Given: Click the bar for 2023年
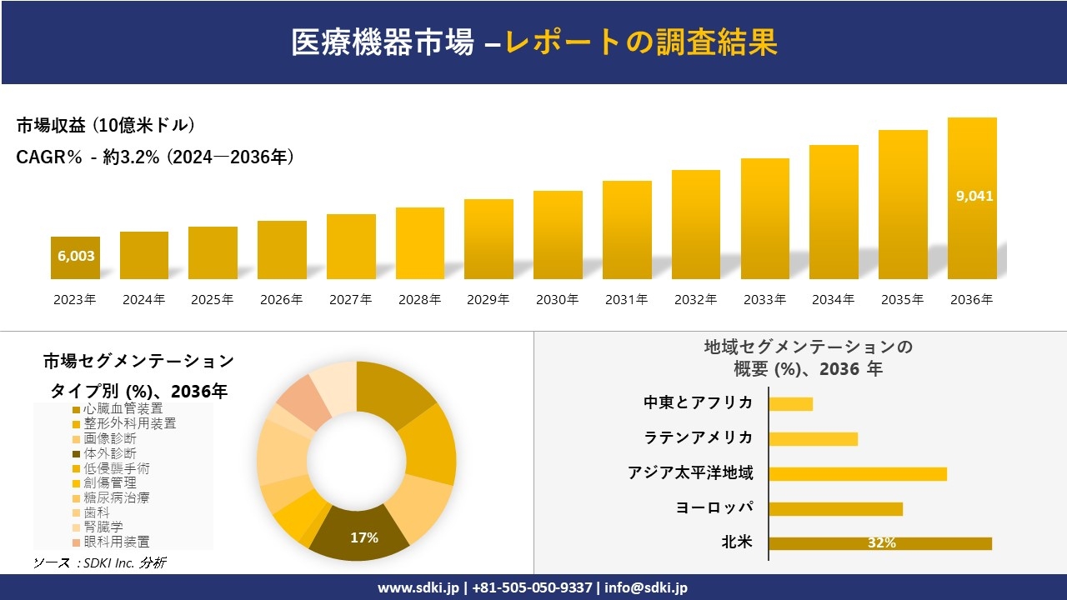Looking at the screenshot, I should point(75,257).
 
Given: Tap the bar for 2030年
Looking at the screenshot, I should point(558,235).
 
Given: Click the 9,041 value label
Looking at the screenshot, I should point(974,197).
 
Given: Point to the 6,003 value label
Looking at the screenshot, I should point(76,257).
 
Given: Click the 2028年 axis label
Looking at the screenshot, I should point(419,300).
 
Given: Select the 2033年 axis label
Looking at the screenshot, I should point(764,300).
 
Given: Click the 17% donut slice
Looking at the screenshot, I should point(363,533).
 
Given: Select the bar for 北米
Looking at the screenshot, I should point(879,543).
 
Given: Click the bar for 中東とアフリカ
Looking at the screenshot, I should point(790,404).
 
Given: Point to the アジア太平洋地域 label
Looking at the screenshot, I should point(690,473).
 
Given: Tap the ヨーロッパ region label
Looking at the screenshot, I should point(714,507).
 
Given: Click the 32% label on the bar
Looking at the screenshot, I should point(881,543).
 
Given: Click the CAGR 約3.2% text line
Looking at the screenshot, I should point(155,157).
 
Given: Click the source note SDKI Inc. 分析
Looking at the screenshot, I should point(100,563).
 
